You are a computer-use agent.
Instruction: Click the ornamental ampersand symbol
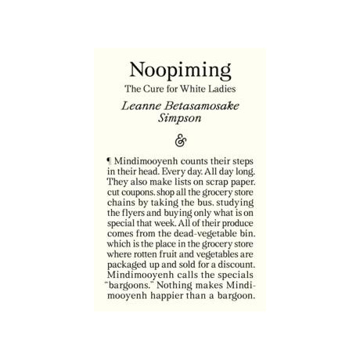point(179,142)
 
